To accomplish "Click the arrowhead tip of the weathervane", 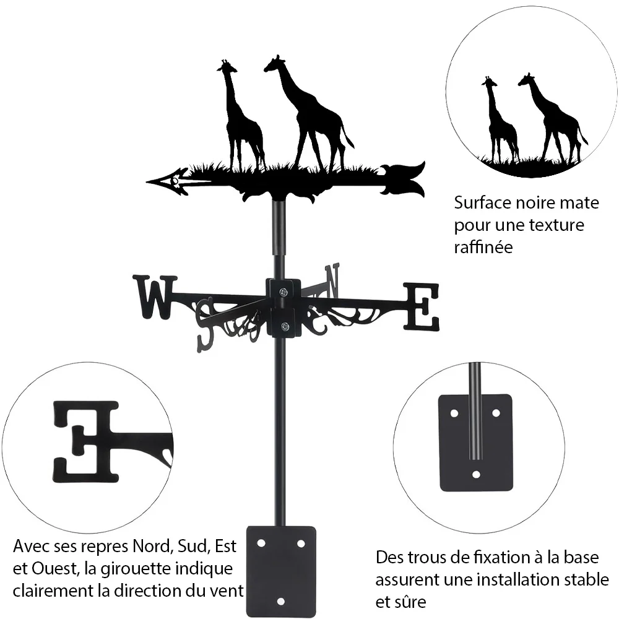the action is tap(147, 182).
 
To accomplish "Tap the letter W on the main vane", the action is tap(155, 297).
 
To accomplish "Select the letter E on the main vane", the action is tap(421, 307).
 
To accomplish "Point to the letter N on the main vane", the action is tap(332, 280).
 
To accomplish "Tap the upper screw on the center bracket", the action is tap(283, 292).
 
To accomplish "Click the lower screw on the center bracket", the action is tap(284, 326).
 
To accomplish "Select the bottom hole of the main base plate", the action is tap(280, 602).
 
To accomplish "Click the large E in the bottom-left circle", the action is tap(86, 442).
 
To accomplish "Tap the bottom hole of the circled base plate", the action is tap(476, 474).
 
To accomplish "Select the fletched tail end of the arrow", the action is tap(403, 179).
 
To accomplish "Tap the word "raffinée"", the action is tap(483, 247).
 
